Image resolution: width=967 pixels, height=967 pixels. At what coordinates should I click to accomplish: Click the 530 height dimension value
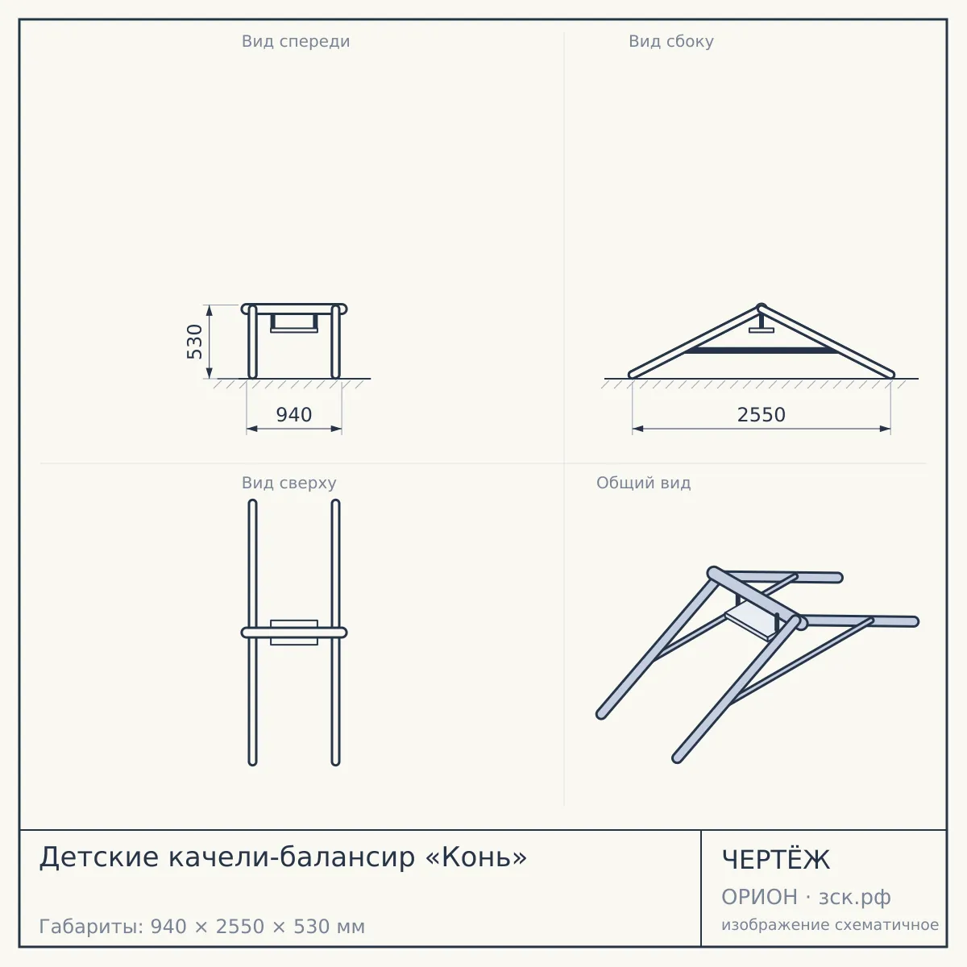click(x=194, y=342)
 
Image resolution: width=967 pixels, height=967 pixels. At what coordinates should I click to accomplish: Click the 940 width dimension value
click(x=294, y=415)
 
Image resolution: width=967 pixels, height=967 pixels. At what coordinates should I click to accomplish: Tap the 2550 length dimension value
click(x=762, y=415)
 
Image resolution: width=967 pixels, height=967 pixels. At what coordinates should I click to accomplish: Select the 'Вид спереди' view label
click(x=296, y=41)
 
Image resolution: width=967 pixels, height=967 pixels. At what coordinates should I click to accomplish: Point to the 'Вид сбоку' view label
click(x=671, y=41)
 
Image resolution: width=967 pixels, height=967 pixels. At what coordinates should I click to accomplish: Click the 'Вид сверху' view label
click(x=289, y=483)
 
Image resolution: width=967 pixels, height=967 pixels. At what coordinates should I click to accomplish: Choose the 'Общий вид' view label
click(x=643, y=483)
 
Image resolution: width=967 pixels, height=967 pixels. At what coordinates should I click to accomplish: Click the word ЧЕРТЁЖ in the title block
click(x=776, y=860)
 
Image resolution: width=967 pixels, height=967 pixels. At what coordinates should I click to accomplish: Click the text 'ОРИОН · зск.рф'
click(x=806, y=897)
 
